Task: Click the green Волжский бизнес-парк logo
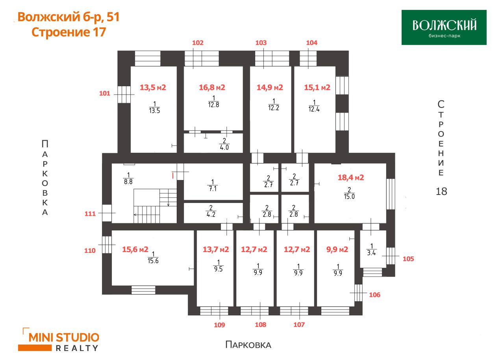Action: click(x=444, y=27)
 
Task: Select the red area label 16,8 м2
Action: click(x=212, y=87)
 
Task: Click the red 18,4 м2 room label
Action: click(x=351, y=178)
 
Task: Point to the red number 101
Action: click(x=105, y=93)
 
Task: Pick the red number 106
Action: click(x=374, y=295)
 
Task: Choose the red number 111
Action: click(x=90, y=213)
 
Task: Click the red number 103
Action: click(x=261, y=43)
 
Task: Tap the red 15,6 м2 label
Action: click(x=135, y=249)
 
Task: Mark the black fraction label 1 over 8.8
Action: click(x=128, y=178)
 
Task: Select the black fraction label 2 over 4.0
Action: click(x=224, y=144)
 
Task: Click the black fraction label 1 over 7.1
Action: click(x=213, y=186)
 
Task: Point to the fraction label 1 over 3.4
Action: click(x=371, y=250)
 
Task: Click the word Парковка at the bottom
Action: click(x=248, y=345)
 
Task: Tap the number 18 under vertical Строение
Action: click(x=441, y=191)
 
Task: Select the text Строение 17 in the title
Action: click(x=69, y=32)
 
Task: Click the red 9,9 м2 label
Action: click(x=337, y=249)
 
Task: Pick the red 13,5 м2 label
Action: click(x=153, y=87)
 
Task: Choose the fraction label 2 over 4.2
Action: click(x=211, y=211)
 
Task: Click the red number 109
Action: click(x=219, y=325)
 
